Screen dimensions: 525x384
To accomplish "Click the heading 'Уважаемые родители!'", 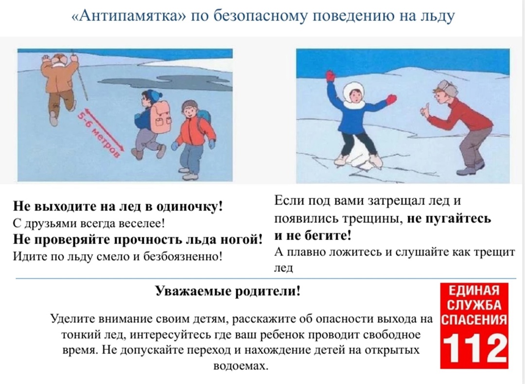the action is (227, 291).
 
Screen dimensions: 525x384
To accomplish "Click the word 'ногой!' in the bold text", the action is (241, 239).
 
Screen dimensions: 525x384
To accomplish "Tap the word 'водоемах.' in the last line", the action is (241, 366).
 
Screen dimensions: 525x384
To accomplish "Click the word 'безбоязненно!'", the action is (182, 256).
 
